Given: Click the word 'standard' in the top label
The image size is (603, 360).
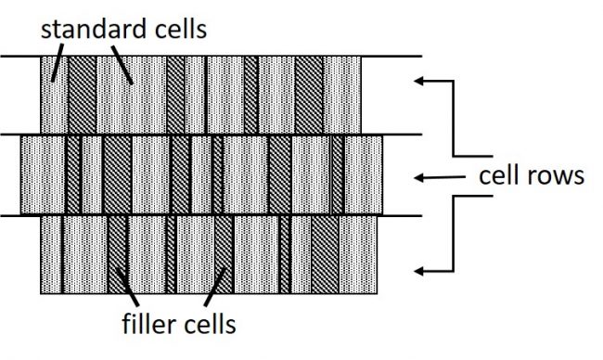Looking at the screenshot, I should [x=86, y=29].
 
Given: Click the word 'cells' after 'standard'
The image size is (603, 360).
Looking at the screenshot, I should [x=177, y=29].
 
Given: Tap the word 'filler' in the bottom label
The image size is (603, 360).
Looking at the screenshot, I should [x=151, y=326].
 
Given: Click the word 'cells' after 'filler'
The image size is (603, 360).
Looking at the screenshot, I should [x=210, y=326].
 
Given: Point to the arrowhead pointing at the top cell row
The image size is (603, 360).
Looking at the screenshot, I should [x=419, y=82].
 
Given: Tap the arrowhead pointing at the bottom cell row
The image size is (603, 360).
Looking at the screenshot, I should [x=420, y=271].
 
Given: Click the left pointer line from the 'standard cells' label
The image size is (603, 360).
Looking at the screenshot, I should [x=57, y=63].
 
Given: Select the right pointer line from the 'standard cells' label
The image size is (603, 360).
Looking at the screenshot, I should [x=123, y=65].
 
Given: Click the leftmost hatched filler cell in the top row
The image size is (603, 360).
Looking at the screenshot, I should [x=83, y=94].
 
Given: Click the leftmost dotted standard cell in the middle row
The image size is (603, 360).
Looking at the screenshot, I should [x=43, y=174].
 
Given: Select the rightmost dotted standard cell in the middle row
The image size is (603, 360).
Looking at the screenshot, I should [x=364, y=174].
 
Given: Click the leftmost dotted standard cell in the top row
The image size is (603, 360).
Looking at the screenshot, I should [x=55, y=94].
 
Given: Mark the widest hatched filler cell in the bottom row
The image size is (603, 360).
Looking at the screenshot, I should [x=325, y=255].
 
